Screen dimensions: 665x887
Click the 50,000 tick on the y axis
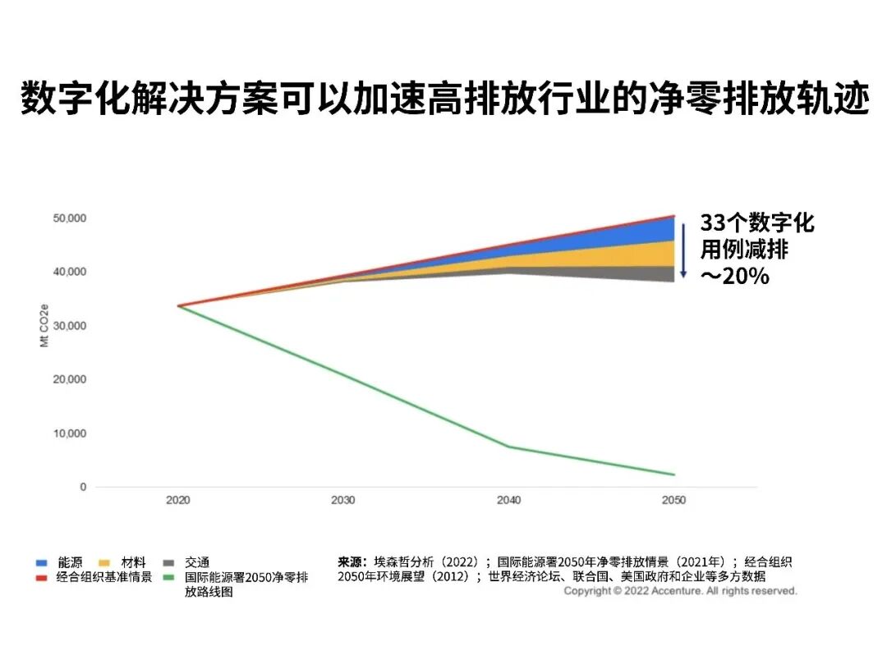pos(70,218)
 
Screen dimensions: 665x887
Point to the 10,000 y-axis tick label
pos(70,433)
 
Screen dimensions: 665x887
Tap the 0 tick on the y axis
pos(82,487)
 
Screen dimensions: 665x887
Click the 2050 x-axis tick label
pos(673,500)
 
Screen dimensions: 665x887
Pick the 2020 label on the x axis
pos(177,500)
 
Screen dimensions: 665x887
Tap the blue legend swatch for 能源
pos(41,563)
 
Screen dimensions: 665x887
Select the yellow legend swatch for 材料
pos(103,563)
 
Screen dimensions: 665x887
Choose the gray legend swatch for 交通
pos(168,563)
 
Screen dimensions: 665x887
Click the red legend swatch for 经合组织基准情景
pos(41,577)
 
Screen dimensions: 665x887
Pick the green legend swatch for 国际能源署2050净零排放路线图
pos(168,577)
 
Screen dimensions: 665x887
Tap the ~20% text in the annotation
pos(734,276)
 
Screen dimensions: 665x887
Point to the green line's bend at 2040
pos(508,447)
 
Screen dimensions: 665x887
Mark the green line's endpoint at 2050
pos(674,475)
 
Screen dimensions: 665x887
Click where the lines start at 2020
pos(178,305)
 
